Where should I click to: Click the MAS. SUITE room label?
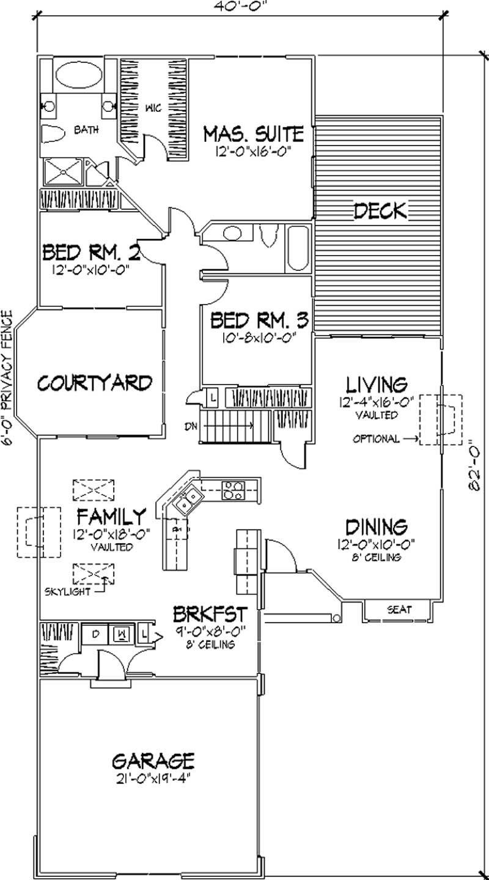[253, 133]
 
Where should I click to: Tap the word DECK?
[380, 211]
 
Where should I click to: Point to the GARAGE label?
[153, 761]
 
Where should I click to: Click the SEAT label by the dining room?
[399, 610]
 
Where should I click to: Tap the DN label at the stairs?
[190, 426]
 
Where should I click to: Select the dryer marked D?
[95, 633]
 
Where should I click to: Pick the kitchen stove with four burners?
[234, 489]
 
